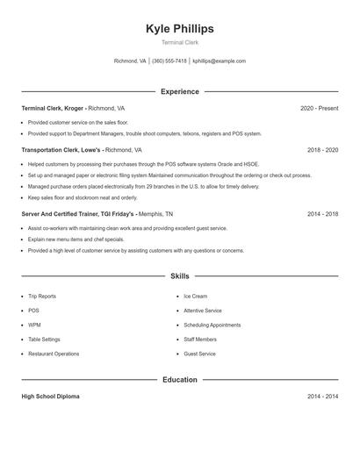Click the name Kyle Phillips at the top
click(x=179, y=29)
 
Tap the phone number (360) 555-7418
click(x=170, y=61)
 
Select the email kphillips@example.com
click(x=219, y=61)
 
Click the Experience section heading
click(x=179, y=91)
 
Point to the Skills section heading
click(x=179, y=275)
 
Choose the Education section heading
click(x=179, y=380)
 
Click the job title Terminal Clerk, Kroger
click(x=53, y=108)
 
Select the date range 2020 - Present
click(x=319, y=108)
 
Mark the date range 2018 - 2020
click(x=322, y=150)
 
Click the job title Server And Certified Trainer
click(x=54, y=213)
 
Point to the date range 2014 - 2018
click(x=322, y=213)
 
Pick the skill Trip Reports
click(x=42, y=297)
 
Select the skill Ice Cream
click(x=195, y=297)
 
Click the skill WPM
click(x=34, y=325)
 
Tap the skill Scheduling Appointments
click(x=212, y=325)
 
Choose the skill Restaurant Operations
click(x=53, y=354)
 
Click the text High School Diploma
click(x=50, y=397)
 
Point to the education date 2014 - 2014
click(x=322, y=397)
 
